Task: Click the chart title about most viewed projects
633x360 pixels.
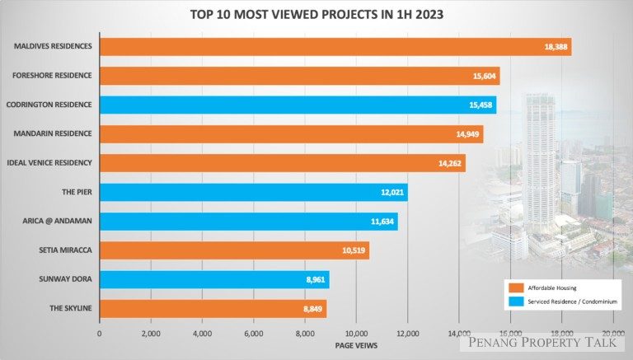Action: click(x=316, y=15)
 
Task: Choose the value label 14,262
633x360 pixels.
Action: click(x=449, y=163)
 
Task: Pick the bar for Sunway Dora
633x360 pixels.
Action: click(x=214, y=279)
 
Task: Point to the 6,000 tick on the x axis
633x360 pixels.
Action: click(x=253, y=334)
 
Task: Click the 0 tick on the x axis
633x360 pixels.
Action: click(x=100, y=334)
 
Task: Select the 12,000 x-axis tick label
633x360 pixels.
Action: click(x=407, y=334)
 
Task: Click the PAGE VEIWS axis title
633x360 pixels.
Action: click(x=357, y=345)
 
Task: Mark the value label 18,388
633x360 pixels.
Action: click(x=552, y=47)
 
